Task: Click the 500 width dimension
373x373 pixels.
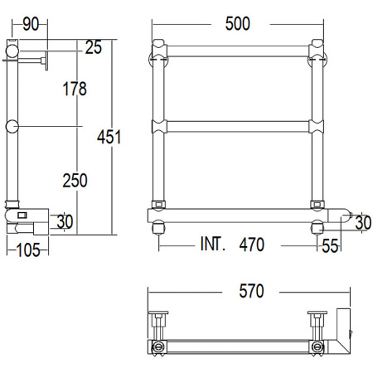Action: [x=237, y=24]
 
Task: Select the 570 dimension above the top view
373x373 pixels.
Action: [x=250, y=291]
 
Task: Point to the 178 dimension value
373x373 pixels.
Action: [x=74, y=90]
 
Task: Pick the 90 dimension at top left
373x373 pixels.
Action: [x=31, y=24]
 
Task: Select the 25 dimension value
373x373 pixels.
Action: [x=93, y=47]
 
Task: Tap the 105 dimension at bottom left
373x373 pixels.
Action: [x=30, y=249]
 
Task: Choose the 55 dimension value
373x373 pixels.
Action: [x=330, y=245]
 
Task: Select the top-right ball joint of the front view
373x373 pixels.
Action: [x=316, y=56]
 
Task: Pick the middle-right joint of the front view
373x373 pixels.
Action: [x=316, y=127]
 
